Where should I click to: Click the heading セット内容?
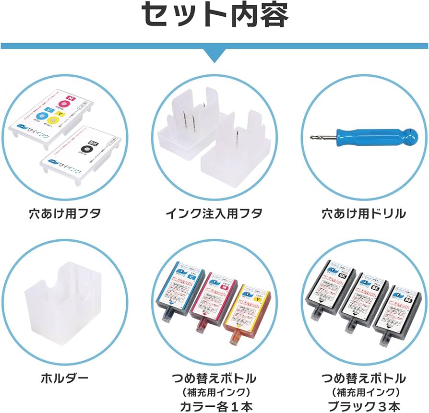tap(214, 15)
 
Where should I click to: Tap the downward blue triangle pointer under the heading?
tap(214, 54)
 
